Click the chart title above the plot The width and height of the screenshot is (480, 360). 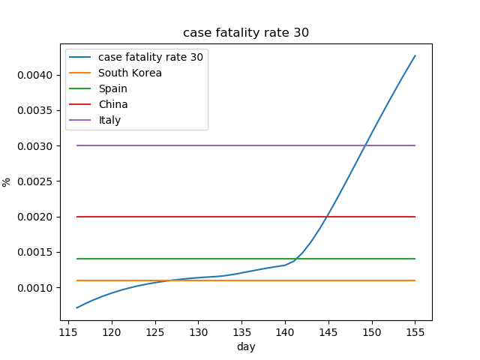246,33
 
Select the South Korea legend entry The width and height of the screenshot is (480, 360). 130,73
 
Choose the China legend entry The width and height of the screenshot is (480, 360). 112,104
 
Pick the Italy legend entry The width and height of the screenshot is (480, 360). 109,120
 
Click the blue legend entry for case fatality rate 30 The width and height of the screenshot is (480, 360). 150,57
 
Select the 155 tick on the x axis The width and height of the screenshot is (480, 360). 415,331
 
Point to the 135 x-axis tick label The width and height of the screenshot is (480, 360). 241,331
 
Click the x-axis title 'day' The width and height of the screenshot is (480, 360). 246,346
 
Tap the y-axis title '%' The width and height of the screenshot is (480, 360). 7,181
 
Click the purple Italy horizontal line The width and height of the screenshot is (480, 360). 225,145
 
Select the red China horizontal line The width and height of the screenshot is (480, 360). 225,217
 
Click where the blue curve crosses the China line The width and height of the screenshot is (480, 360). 327,217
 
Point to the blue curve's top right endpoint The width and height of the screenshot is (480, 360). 415,55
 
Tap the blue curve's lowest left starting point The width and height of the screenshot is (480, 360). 76,307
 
